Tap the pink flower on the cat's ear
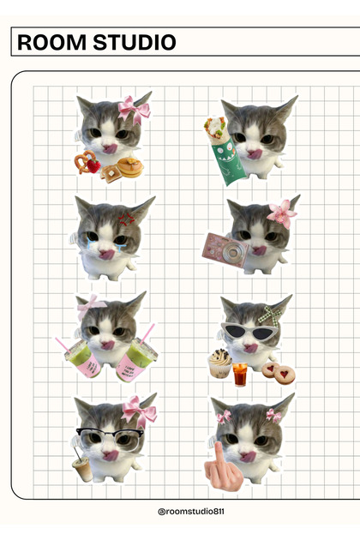(280, 212)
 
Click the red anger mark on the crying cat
(127, 219)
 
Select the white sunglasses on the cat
(249, 332)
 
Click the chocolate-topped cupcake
(220, 364)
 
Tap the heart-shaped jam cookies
(279, 372)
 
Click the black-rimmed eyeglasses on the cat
(109, 434)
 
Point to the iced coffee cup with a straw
(83, 465)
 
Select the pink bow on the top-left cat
(134, 108)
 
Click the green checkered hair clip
(272, 314)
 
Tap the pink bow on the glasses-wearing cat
(140, 412)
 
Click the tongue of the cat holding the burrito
(255, 154)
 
